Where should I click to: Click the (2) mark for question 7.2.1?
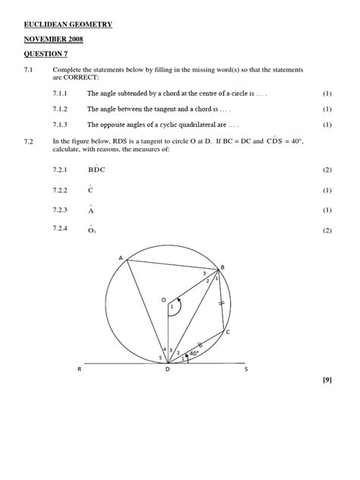click(327, 169)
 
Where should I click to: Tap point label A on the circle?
click(120, 259)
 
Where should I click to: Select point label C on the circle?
click(227, 333)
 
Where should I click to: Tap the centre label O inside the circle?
click(163, 301)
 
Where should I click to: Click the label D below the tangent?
click(167, 371)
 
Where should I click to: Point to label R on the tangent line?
click(80, 370)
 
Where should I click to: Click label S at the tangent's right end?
click(245, 370)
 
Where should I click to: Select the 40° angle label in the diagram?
click(194, 353)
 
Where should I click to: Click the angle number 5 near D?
click(160, 357)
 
